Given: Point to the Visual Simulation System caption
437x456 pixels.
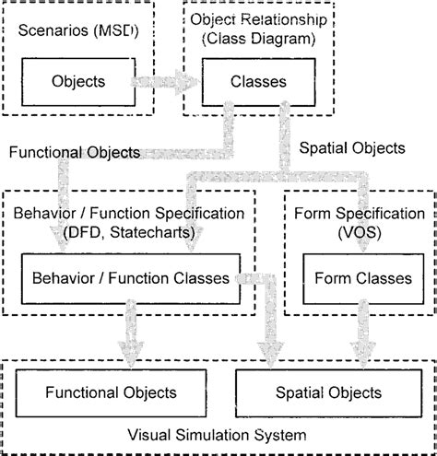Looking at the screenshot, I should coord(218,433).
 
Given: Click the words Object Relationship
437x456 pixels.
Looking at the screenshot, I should coord(251,20).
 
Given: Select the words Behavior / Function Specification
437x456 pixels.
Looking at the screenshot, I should coord(129,214).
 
